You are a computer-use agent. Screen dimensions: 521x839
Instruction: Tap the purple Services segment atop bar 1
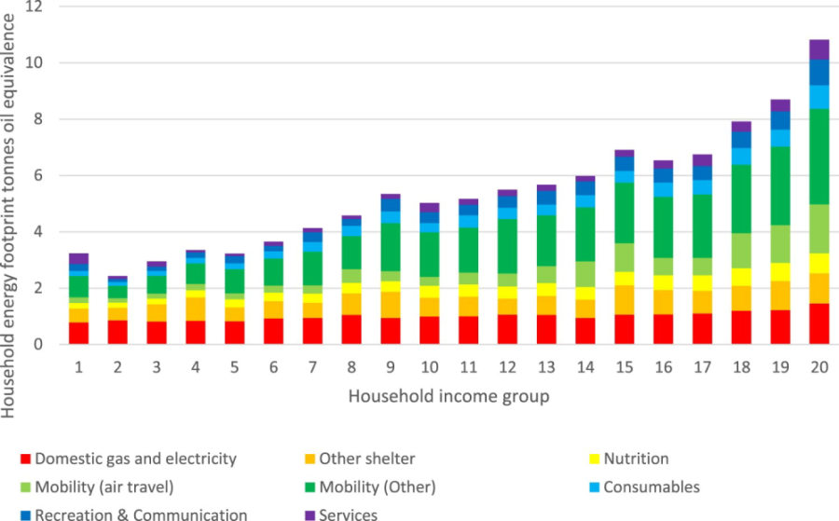[78, 258]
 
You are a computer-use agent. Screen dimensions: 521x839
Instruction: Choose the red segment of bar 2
[117, 332]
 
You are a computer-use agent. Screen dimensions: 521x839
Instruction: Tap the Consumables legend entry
[651, 487]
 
